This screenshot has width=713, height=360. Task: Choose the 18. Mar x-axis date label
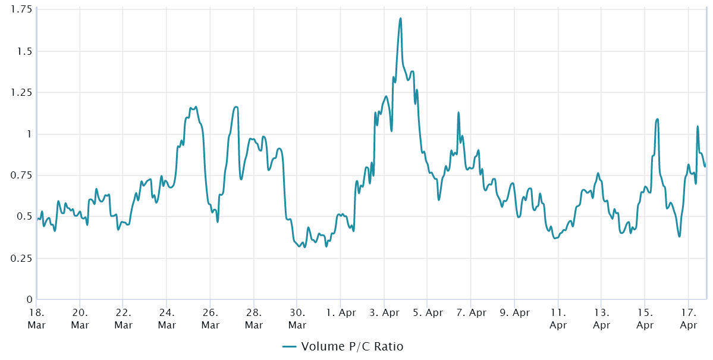pos(36,318)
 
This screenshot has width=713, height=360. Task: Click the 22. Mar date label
pos(123,318)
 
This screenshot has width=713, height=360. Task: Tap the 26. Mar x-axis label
pos(210,318)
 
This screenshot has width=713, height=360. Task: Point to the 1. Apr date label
pos(340,312)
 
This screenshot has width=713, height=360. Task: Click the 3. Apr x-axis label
pos(384,312)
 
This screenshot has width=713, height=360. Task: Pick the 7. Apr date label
pos(470,312)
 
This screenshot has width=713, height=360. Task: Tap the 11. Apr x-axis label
pos(558,318)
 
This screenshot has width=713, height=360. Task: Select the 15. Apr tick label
pos(645,318)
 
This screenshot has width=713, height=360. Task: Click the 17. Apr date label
pos(688,318)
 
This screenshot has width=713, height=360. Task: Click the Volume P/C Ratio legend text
pos(352,347)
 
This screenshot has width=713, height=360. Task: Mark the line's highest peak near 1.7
pos(400,18)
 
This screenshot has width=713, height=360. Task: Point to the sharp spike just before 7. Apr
pos(458,112)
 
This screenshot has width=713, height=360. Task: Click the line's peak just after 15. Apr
pos(657,119)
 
